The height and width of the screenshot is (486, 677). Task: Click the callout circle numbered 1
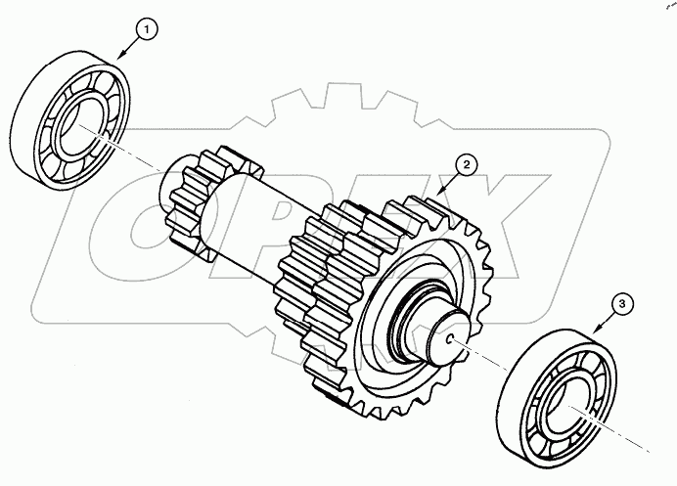[x=145, y=30]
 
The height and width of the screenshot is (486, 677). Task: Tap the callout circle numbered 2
[x=468, y=164]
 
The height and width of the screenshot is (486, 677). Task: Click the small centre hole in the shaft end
[x=448, y=339]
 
